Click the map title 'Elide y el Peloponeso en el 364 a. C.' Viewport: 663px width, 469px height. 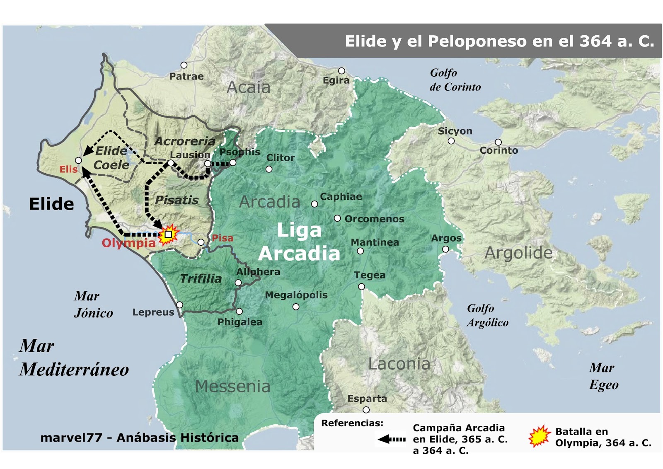point(499,41)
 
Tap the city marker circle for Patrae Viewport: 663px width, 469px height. point(184,65)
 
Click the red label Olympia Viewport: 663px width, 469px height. point(128,243)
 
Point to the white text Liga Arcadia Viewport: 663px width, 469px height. point(299,242)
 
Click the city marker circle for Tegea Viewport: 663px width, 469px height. point(361,287)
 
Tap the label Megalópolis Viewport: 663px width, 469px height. point(296,295)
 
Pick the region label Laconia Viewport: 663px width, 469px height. point(399,364)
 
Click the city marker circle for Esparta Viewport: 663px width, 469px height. point(366,410)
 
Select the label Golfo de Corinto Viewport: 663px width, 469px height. point(455,80)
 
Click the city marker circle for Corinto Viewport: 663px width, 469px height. point(498,142)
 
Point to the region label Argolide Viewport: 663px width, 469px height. point(518,253)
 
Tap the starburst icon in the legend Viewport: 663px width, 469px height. point(539,436)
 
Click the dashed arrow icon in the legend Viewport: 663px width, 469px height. point(391,439)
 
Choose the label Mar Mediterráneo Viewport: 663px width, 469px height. point(74,358)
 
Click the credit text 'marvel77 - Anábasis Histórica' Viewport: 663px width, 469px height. point(139,438)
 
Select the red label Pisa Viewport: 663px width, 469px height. point(223,238)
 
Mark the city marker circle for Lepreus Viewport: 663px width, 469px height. point(179,305)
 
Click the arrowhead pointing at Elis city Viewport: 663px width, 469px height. point(85,170)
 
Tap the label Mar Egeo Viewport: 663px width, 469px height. point(603,376)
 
